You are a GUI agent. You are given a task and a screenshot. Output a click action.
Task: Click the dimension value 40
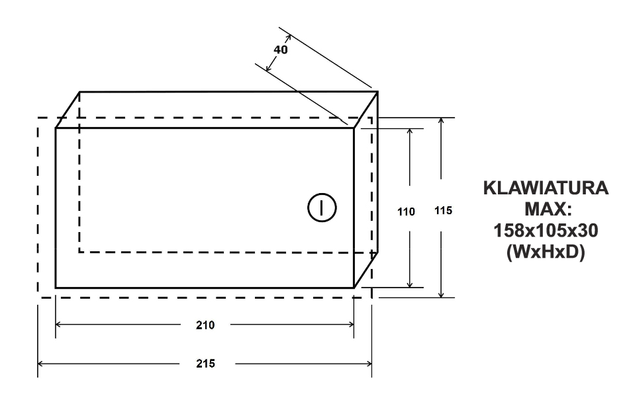(x=281, y=50)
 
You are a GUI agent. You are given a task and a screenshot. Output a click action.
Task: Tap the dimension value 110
(x=406, y=212)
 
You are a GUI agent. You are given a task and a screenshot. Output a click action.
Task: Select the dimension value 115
(x=443, y=211)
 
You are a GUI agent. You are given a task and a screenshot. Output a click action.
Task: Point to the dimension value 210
(x=205, y=325)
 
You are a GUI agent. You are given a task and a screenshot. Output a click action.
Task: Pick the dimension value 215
(x=205, y=364)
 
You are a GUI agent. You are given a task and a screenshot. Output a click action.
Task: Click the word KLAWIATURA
(x=546, y=188)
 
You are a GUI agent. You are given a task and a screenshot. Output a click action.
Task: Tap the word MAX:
(x=546, y=209)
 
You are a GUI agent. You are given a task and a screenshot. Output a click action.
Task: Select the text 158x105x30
(x=546, y=230)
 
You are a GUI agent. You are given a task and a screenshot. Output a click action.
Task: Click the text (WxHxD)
(x=546, y=252)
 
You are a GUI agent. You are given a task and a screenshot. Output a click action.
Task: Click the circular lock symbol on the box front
(x=322, y=208)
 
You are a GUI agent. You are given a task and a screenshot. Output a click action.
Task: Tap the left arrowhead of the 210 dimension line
(x=58, y=325)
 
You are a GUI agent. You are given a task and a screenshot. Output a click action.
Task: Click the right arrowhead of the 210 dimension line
(x=352, y=325)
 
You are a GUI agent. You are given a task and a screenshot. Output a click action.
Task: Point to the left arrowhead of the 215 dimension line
(x=40, y=364)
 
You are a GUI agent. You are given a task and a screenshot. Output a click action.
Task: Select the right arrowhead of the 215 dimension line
(x=369, y=364)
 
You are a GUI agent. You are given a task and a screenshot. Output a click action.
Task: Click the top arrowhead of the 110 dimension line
(x=410, y=131)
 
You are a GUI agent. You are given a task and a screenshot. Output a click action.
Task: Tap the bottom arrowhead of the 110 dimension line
(x=410, y=285)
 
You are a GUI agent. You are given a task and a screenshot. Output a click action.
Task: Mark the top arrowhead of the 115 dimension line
(x=441, y=120)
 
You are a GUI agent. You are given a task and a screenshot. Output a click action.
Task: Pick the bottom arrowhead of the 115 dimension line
(x=441, y=295)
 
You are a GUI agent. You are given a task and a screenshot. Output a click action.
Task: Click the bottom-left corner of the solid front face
(x=56, y=288)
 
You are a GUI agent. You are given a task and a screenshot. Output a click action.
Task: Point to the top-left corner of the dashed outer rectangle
(x=38, y=118)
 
